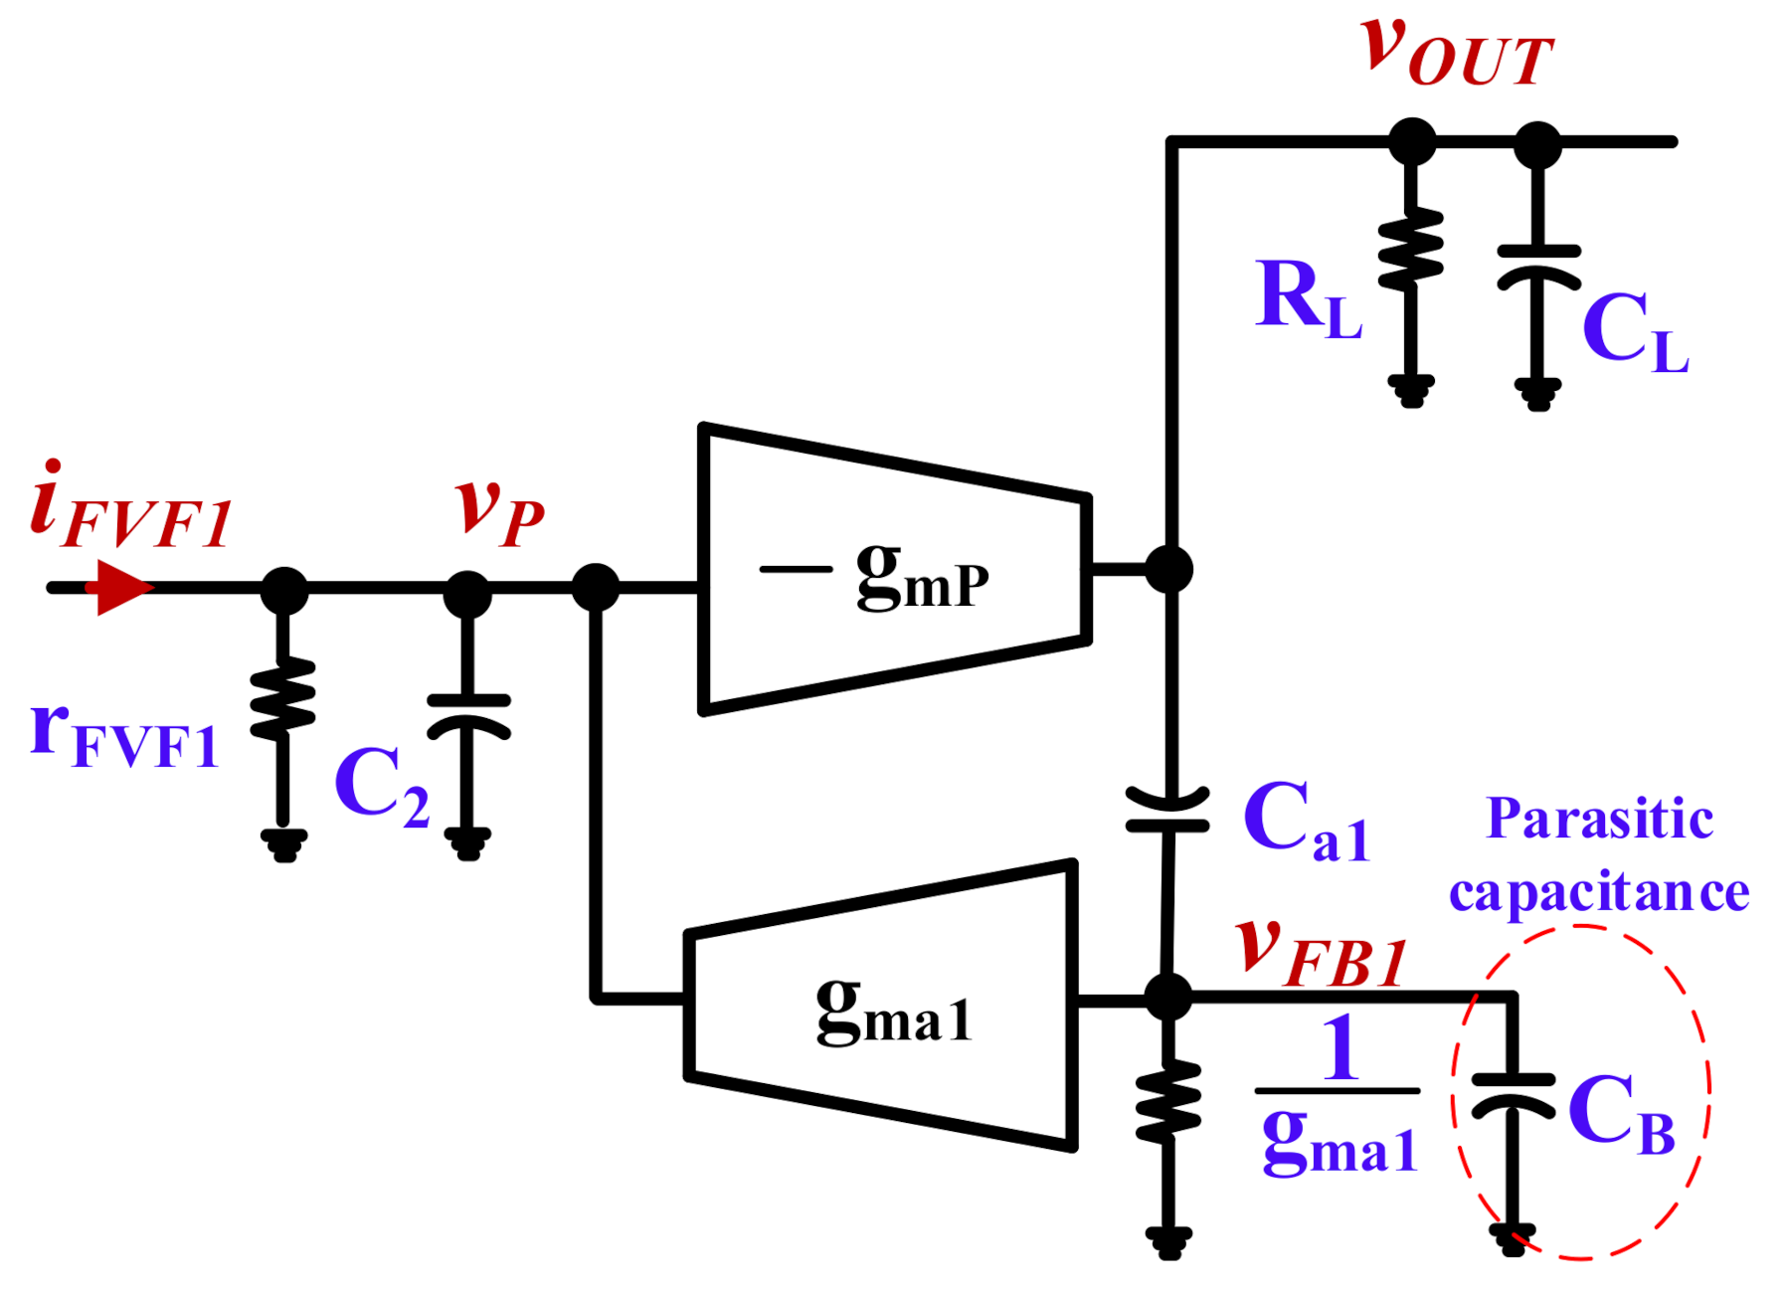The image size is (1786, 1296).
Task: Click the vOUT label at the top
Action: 1456,52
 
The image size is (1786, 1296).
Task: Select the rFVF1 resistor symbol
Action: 283,698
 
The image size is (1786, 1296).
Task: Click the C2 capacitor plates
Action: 468,716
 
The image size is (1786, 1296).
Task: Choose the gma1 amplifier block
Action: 881,1005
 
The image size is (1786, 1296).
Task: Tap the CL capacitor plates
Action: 1538,266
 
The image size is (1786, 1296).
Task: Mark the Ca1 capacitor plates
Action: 1168,810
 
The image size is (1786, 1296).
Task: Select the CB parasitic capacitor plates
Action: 1513,1093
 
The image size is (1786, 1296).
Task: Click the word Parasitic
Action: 1599,820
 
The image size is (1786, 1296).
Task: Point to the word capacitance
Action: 1599,891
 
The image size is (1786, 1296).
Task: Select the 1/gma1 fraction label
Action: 1339,1094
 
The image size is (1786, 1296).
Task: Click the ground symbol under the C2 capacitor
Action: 468,843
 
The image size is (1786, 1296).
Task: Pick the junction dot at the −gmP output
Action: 1168,570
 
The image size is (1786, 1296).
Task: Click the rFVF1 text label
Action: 124,736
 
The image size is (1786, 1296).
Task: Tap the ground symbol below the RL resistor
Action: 1411,390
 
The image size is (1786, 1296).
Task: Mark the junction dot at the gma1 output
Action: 1168,997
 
